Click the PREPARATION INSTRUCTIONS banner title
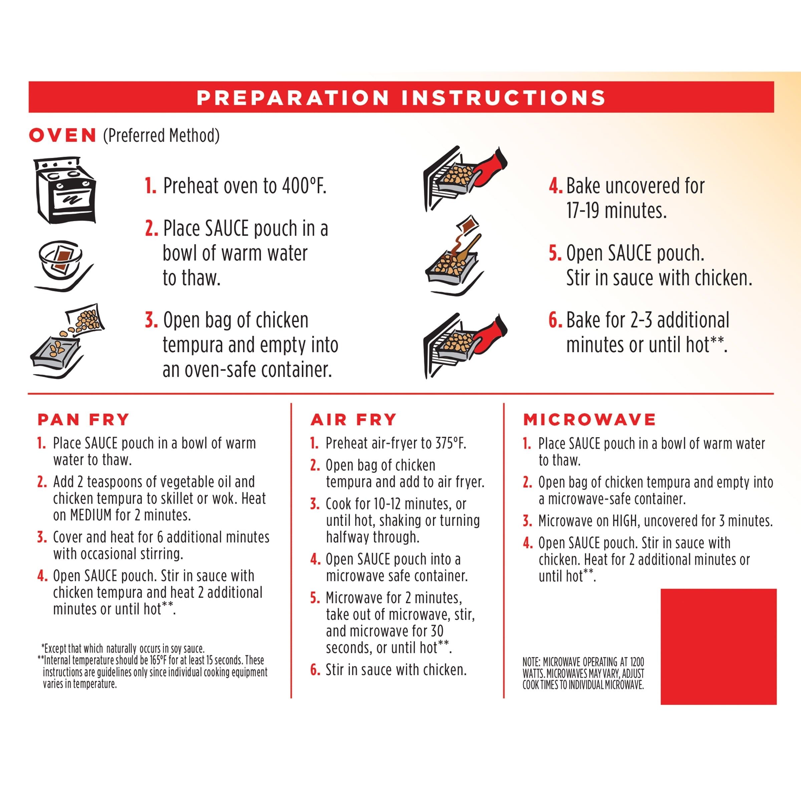tap(401, 97)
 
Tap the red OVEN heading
tap(63, 136)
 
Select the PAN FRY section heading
tap(83, 420)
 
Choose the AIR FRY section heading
tap(353, 420)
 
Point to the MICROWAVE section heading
tap(589, 420)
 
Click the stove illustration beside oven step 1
tap(65, 190)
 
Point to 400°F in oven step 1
tap(304, 186)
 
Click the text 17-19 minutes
tap(616, 211)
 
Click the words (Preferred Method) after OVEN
tap(161, 136)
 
